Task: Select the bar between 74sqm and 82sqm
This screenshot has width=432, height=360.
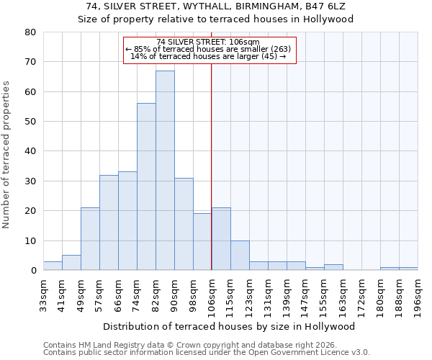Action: click(146, 187)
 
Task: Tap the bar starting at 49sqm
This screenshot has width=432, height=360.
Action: click(90, 239)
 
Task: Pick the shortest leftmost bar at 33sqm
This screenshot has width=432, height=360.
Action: click(53, 266)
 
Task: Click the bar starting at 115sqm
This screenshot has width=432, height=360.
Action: click(240, 256)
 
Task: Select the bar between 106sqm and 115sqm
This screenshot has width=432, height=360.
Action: click(221, 239)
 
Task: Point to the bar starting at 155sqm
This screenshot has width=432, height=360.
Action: click(333, 267)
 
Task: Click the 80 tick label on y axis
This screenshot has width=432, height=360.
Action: click(30, 32)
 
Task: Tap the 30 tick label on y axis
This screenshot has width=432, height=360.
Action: click(30, 181)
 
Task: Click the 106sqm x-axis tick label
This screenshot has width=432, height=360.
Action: click(212, 294)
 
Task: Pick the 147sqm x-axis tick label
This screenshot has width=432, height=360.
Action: click(305, 294)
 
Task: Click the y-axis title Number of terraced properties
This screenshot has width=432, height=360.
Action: click(7, 154)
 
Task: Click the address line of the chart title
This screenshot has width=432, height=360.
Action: click(216, 6)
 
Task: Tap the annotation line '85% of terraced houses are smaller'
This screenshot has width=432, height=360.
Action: click(208, 49)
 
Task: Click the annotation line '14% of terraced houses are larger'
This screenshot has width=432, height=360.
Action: click(208, 56)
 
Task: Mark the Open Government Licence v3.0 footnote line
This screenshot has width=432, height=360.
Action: click(207, 352)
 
